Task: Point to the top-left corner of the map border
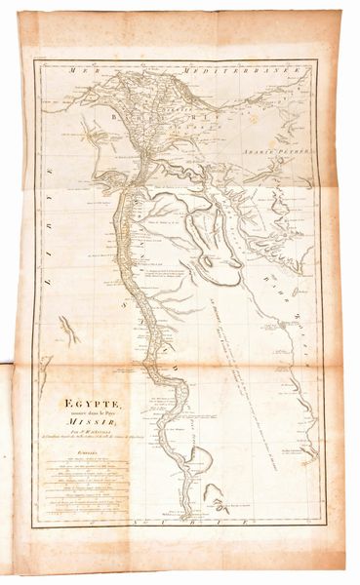35,61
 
